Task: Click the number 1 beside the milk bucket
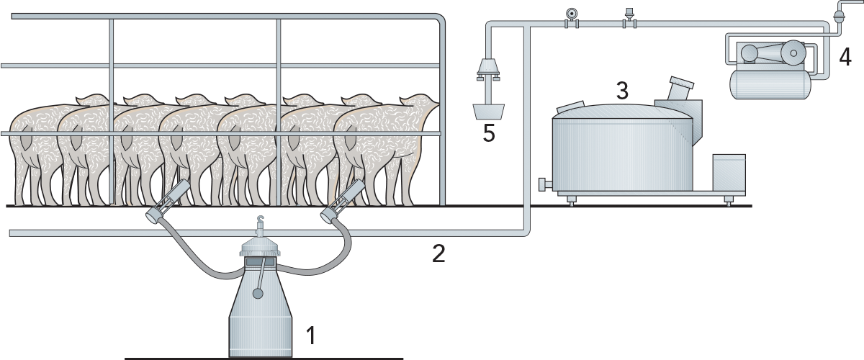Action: point(311,335)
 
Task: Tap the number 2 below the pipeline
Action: point(438,253)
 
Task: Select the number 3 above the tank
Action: point(622,90)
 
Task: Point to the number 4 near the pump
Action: point(845,58)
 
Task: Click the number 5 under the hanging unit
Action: point(489,133)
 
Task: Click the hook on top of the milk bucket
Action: point(261,220)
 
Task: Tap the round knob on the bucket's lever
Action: point(258,294)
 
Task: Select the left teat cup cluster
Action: point(167,202)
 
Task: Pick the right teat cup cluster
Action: point(343,201)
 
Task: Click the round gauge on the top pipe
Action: point(570,14)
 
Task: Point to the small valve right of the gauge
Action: point(629,18)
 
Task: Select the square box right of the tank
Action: point(729,172)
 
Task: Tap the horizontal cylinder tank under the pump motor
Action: point(770,84)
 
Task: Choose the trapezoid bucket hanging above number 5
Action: point(489,112)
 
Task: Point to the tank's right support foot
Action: point(728,200)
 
